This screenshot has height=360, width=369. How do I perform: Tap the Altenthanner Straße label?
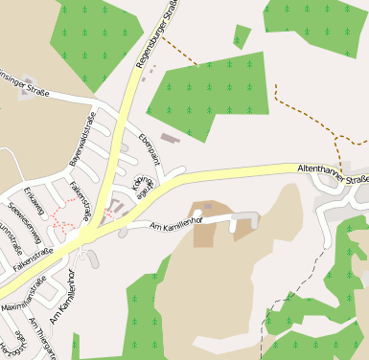(333, 172)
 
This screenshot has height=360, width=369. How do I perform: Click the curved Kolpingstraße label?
(143, 185)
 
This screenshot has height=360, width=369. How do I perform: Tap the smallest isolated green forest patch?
(242, 36)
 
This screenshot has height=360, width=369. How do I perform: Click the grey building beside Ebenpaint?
(169, 139)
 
